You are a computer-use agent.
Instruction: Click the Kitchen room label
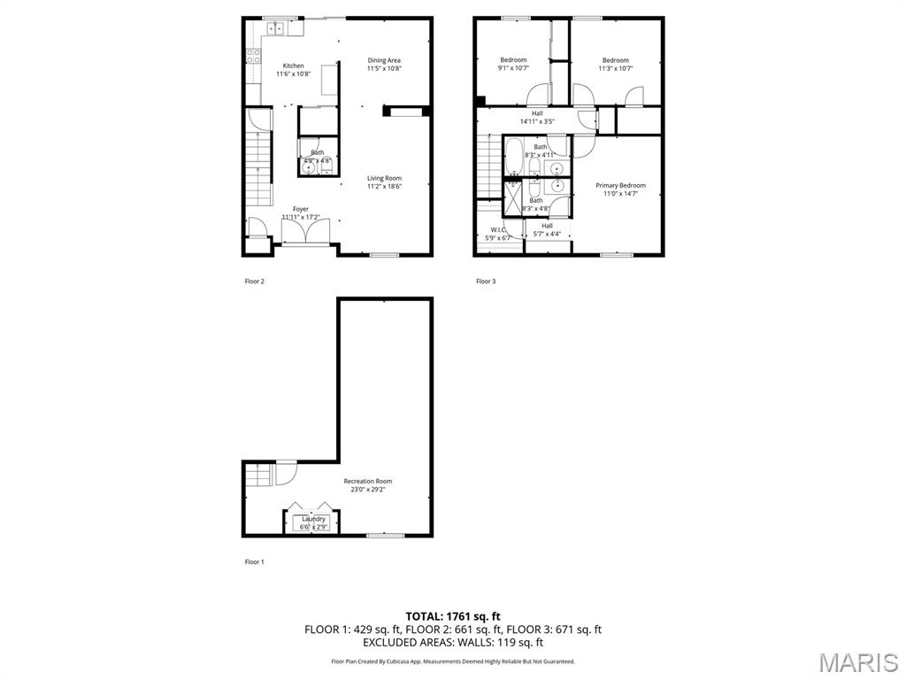coord(293,66)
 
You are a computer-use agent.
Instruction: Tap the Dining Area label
coord(384,60)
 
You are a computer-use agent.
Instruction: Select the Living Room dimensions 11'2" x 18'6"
coord(384,187)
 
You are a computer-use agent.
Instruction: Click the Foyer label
coord(301,209)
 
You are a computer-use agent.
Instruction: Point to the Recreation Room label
coord(367,481)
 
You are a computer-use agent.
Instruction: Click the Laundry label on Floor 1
coord(313,519)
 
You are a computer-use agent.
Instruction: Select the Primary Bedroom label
coord(619,185)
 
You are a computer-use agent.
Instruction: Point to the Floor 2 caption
coord(254,282)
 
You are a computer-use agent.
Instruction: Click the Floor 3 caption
coord(486,282)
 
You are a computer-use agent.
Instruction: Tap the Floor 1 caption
coord(254,561)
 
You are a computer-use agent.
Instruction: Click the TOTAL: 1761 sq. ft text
coord(453,615)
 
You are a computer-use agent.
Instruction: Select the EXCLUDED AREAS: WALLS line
coord(453,643)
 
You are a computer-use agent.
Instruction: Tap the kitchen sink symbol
coord(275,28)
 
